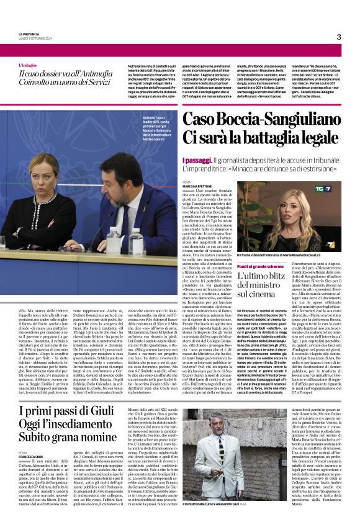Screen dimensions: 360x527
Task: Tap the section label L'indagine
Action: [x=27, y=65]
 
